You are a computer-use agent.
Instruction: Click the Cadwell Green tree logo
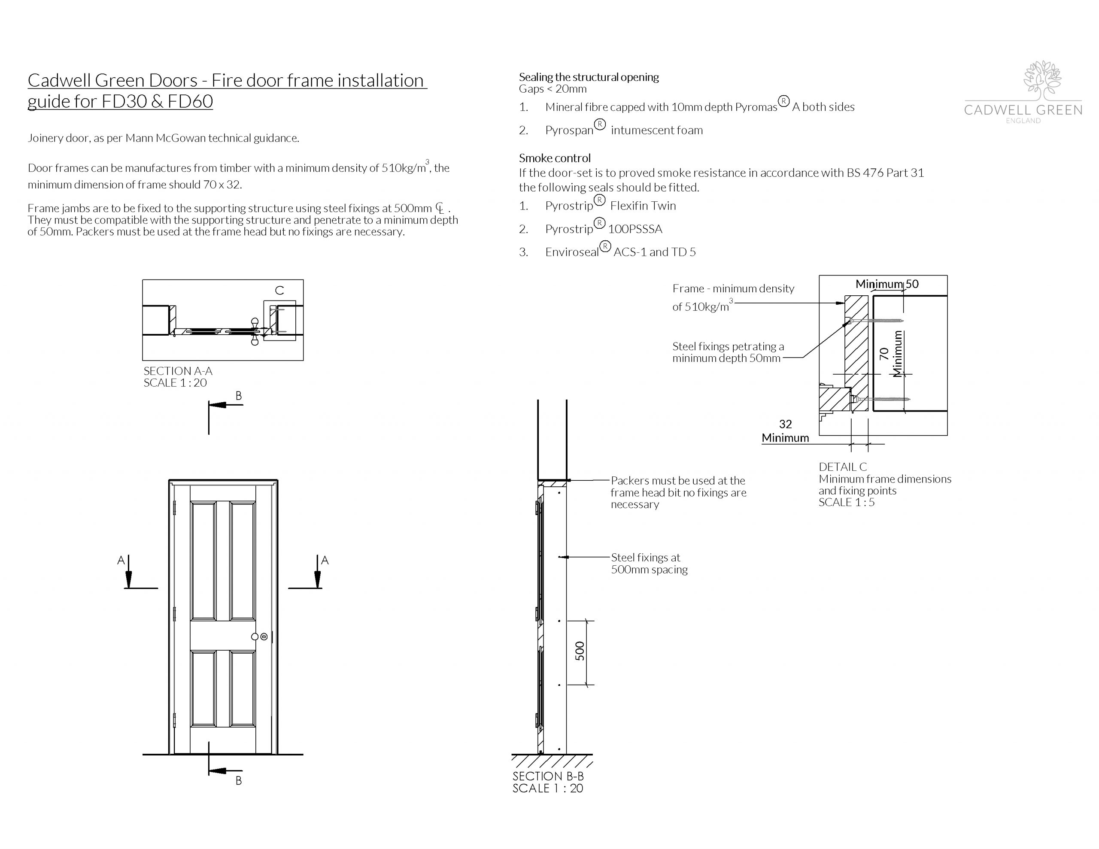point(1042,80)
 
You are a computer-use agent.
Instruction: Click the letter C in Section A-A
point(279,291)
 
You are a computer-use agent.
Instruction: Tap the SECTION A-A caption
point(178,371)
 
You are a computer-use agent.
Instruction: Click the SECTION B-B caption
point(547,776)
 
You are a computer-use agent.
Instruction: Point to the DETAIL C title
point(843,467)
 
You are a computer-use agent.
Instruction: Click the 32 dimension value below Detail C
point(785,424)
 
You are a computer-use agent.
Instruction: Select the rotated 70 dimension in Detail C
point(883,354)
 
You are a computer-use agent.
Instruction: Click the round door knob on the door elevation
point(255,637)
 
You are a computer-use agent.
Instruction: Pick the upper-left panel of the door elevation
point(204,560)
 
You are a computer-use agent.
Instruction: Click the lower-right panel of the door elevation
point(243,688)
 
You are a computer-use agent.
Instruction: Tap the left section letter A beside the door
point(121,560)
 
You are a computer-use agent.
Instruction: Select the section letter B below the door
point(239,781)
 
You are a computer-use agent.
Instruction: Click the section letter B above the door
point(239,396)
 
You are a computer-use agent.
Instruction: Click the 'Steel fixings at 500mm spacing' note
point(649,563)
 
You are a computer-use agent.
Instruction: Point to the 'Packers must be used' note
point(678,492)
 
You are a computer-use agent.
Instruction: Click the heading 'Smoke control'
point(555,158)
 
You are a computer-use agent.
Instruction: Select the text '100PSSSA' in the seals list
point(635,229)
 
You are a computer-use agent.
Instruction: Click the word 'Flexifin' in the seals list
point(628,206)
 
